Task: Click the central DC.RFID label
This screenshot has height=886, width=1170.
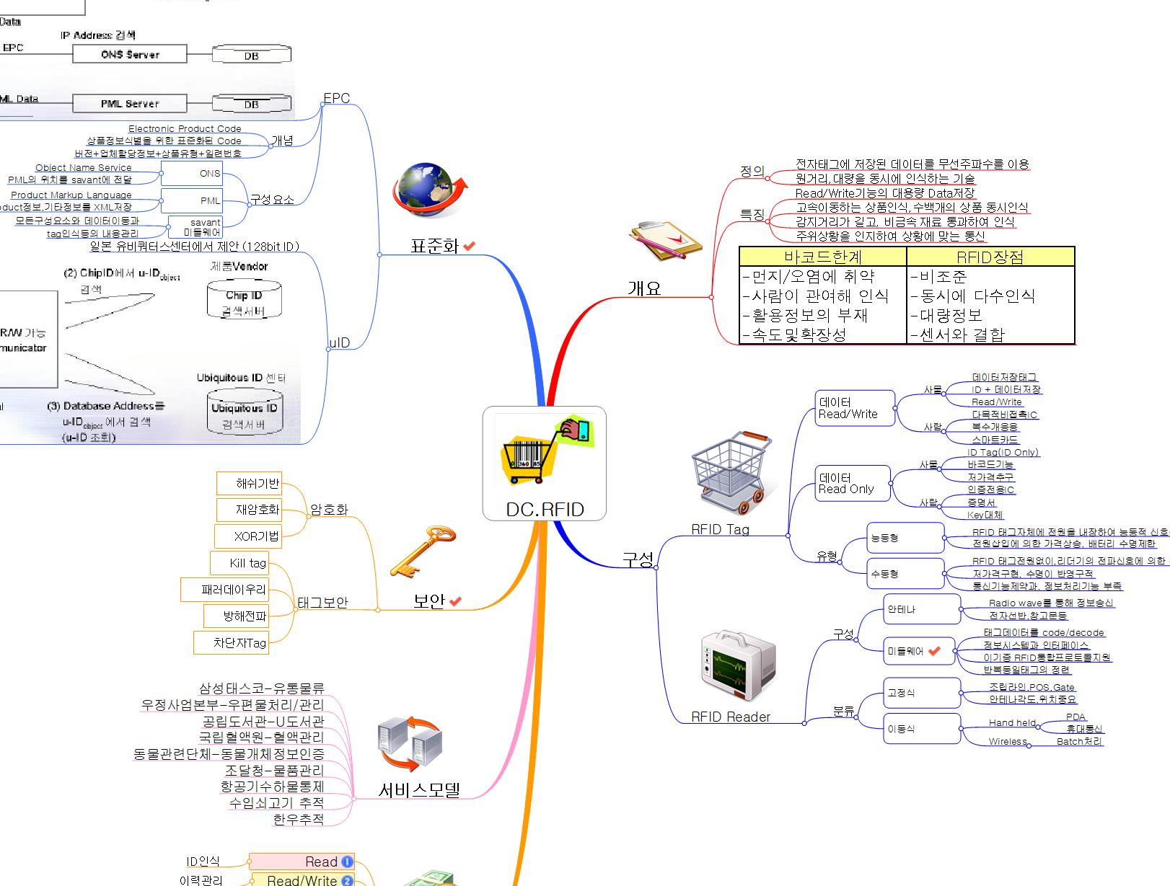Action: [x=545, y=509]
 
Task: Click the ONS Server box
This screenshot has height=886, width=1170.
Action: [x=130, y=54]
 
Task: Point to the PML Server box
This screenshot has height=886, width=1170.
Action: [x=130, y=104]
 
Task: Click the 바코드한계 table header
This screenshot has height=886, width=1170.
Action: [x=823, y=257]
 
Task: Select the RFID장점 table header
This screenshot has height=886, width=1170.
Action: [x=990, y=257]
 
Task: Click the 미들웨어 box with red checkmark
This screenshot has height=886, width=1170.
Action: [x=918, y=651]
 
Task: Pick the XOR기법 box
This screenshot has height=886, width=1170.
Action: [x=248, y=536]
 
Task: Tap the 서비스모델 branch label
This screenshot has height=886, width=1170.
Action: [x=419, y=790]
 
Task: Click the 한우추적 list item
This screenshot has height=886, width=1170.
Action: [x=299, y=819]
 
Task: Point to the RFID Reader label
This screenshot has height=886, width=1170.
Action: [x=730, y=717]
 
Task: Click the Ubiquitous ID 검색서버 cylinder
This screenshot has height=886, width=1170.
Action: [x=244, y=412]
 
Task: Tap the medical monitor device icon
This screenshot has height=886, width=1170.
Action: [x=737, y=665]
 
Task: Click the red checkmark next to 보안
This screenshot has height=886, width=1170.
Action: [x=455, y=601]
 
